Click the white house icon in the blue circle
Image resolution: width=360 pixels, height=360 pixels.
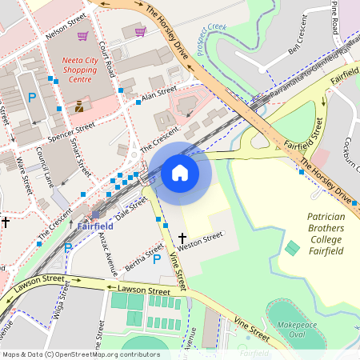[180, 172]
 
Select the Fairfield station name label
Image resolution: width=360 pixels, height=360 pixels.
[95, 226]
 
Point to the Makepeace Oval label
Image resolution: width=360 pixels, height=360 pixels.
[296, 331]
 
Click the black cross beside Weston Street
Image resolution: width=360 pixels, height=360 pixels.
[182, 238]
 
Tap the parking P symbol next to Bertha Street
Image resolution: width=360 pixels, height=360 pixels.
[157, 259]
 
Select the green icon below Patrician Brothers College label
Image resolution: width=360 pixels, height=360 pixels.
[292, 248]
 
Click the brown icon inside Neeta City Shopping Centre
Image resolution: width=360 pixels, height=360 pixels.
[78, 105]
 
